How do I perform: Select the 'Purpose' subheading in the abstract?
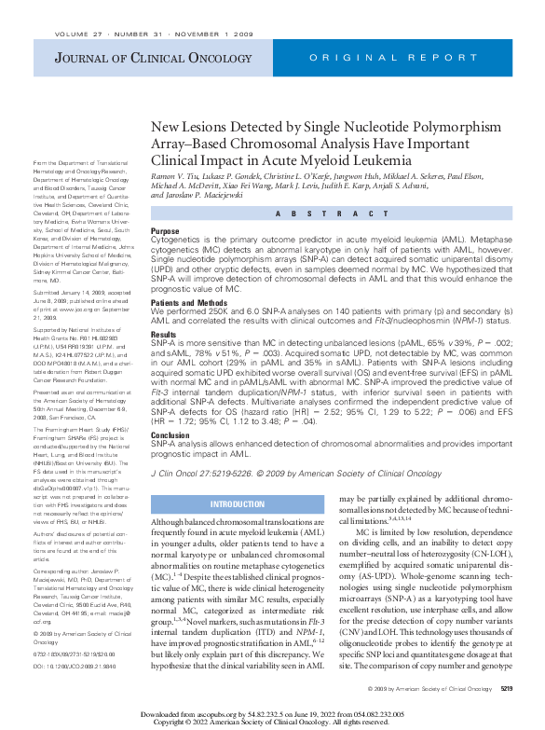165,230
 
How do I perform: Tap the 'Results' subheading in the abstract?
163,334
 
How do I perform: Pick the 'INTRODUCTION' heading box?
237,504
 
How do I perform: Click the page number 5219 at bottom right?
507,688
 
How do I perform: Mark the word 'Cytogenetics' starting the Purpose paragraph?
175,240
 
